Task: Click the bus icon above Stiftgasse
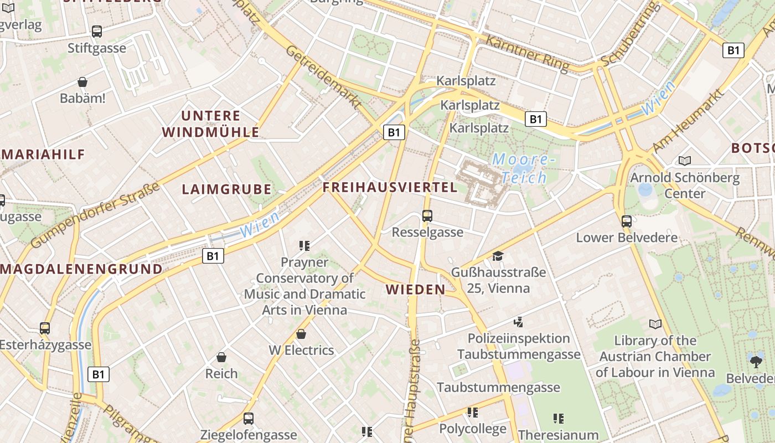[x=97, y=32]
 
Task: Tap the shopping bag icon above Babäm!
[x=82, y=82]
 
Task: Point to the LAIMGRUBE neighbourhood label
[x=227, y=189]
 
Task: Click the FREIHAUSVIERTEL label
[x=390, y=187]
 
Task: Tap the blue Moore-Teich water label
[x=521, y=168]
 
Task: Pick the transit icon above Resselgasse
[x=427, y=216]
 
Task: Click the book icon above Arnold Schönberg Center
[x=685, y=161]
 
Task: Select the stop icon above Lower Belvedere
[x=627, y=221]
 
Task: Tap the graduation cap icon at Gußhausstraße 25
[x=498, y=256]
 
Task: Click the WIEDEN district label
[x=416, y=289]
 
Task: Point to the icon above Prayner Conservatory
[x=304, y=245]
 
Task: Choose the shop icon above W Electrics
[x=301, y=334]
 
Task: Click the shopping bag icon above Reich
[x=221, y=357]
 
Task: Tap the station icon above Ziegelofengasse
[x=249, y=419]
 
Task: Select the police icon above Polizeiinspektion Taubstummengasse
[x=519, y=322]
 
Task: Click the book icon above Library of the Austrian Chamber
[x=655, y=324]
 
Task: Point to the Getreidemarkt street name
[x=324, y=76]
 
